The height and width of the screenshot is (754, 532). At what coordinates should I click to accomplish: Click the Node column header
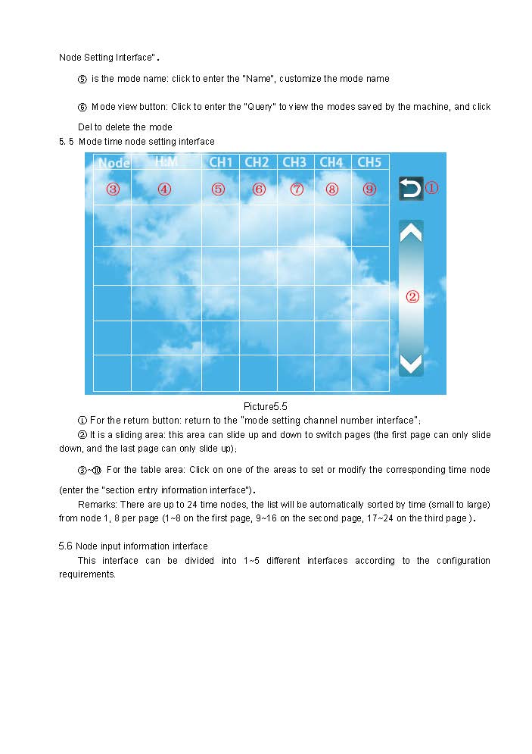click(x=114, y=163)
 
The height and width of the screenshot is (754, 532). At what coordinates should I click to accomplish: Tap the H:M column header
click(x=166, y=161)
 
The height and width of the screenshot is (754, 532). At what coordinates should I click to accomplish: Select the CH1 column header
click(x=220, y=162)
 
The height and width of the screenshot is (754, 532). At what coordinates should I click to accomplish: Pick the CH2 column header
click(x=257, y=162)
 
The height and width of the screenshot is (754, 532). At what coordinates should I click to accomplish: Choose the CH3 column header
click(x=294, y=162)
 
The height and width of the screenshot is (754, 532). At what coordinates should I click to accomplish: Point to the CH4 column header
click(x=331, y=162)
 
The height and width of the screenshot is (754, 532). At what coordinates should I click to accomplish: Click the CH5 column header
click(x=369, y=162)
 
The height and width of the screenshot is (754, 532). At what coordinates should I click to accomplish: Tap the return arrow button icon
click(x=411, y=188)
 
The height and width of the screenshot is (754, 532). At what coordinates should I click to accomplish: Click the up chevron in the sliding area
click(x=411, y=233)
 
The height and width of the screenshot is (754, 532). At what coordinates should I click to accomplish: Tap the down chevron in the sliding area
click(x=411, y=364)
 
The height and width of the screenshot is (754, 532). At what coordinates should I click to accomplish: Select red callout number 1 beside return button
click(x=431, y=188)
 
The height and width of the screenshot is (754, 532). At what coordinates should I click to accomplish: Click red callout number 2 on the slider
click(x=412, y=297)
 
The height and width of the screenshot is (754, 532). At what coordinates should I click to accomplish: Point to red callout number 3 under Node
click(x=113, y=189)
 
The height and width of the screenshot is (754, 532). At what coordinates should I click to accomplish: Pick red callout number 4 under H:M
click(x=164, y=189)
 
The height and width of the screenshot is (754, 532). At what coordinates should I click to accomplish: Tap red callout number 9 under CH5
click(x=369, y=189)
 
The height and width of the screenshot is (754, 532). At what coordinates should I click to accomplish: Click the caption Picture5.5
click(x=265, y=407)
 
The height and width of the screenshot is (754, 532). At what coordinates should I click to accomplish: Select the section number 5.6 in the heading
click(x=66, y=546)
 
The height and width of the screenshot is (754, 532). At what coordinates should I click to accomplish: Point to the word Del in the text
click(x=85, y=127)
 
